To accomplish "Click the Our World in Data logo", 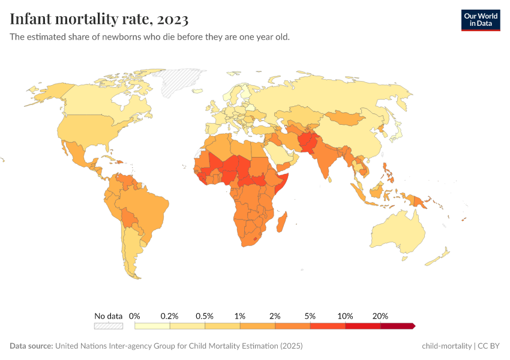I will (480, 20).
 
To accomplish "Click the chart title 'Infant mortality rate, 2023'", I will (99, 20).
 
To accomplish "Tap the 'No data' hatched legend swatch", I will (108, 326).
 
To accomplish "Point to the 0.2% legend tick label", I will (170, 316).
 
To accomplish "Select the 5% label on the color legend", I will (310, 316).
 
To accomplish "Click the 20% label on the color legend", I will (380, 316).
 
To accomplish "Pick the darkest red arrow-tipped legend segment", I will (397, 326).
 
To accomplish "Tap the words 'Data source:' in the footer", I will (31, 346).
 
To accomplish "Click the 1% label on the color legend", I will (240, 316).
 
